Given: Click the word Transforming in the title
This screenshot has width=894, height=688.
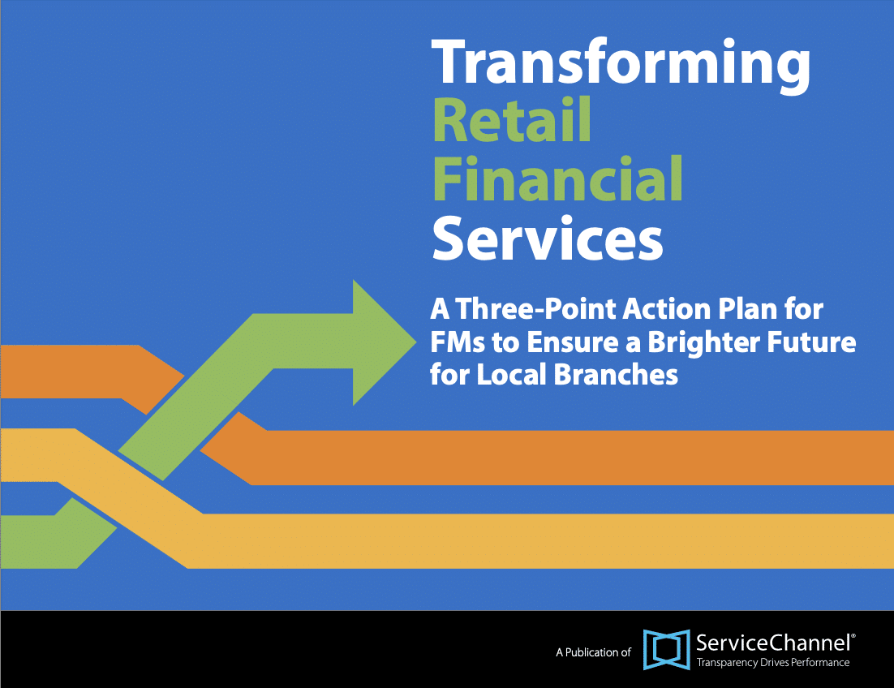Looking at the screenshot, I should pyautogui.click(x=621, y=64).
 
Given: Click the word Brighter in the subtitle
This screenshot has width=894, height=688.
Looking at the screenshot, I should pyautogui.click(x=694, y=342).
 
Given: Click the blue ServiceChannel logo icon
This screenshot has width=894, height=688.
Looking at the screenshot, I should pyautogui.click(x=666, y=650).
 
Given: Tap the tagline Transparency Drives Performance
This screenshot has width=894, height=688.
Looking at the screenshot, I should pyautogui.click(x=773, y=663).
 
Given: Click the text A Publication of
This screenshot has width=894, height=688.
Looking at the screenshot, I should pyautogui.click(x=593, y=651).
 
